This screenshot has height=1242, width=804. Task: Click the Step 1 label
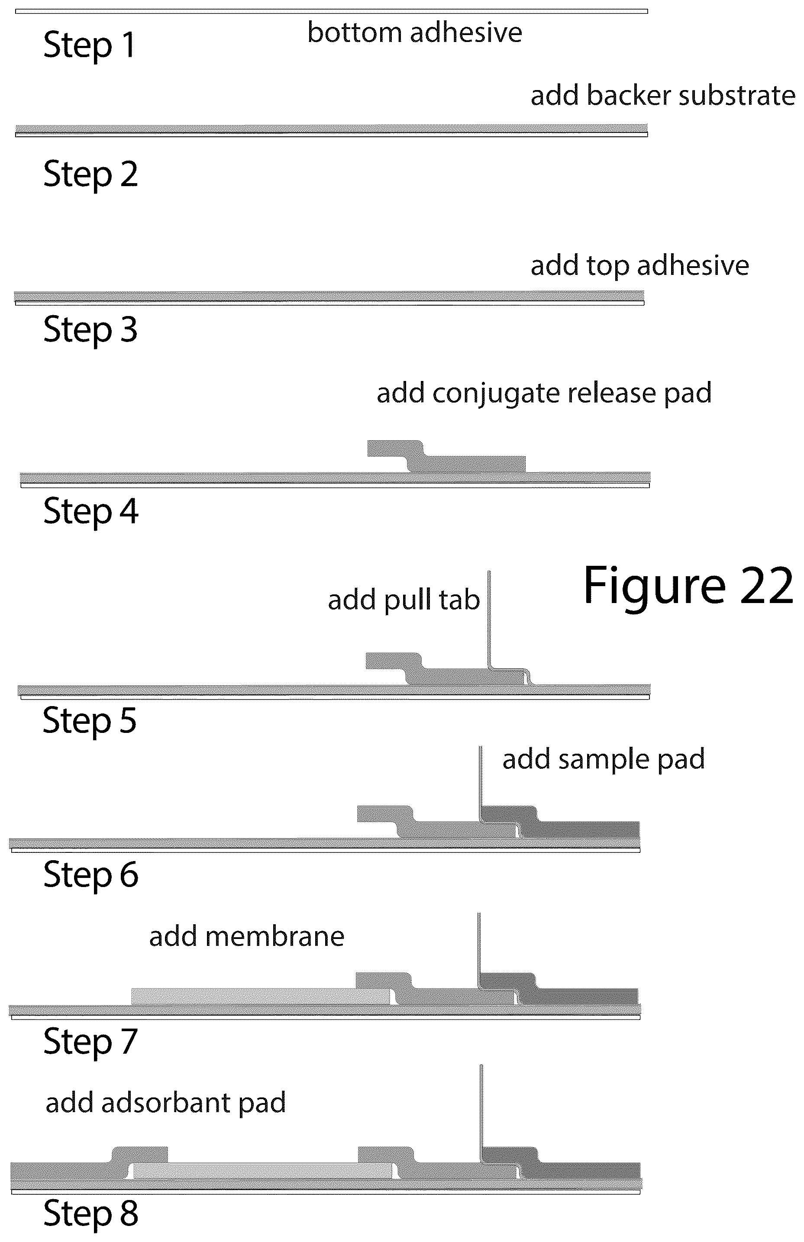pos(89,45)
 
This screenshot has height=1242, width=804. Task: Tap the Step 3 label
pos(90,330)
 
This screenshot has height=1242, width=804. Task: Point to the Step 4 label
pos(91,511)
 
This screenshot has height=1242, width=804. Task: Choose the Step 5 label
pos(89,720)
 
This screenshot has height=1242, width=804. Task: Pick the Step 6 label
pos(91,874)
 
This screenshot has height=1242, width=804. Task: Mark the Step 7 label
pos(90,1042)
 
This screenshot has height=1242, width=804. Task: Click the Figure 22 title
pos(689,586)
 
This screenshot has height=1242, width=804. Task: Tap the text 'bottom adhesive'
pos(414,32)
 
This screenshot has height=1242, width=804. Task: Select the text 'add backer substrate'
pos(663,96)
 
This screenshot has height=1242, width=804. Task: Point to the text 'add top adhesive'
pos(640,266)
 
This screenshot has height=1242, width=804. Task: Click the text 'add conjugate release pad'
pos(544,394)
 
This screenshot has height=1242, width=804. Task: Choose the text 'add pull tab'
pos(404,600)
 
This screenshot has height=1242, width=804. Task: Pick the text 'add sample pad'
pos(604,760)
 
